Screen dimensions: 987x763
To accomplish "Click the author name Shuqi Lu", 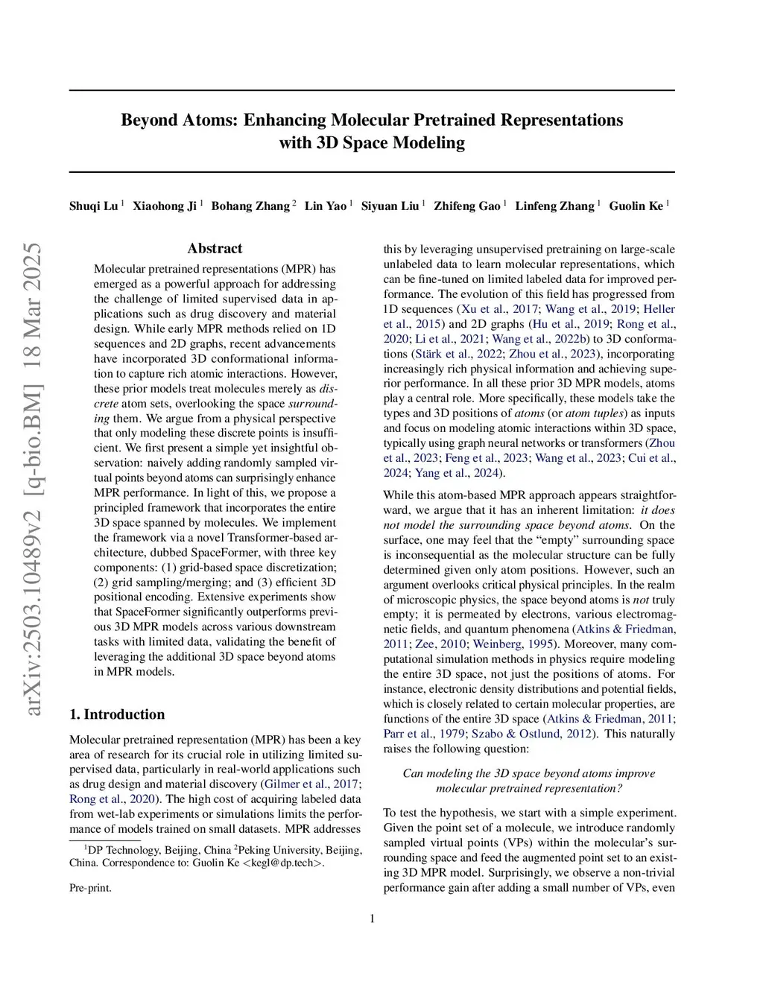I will [93, 206].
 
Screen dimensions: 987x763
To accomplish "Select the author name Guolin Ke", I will [636, 206].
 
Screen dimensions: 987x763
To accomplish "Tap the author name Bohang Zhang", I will [250, 206].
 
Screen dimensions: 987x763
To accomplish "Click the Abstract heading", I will [215, 249].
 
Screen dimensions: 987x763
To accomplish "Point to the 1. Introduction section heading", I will [117, 714].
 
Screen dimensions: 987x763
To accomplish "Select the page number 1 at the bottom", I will [372, 918].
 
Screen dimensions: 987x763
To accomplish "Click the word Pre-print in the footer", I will [90, 888].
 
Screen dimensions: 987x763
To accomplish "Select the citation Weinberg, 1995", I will [513, 644].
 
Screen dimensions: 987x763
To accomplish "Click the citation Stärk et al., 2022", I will [457, 354].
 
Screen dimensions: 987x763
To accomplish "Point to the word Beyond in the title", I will [149, 121].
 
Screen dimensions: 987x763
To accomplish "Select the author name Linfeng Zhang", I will [554, 206].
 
